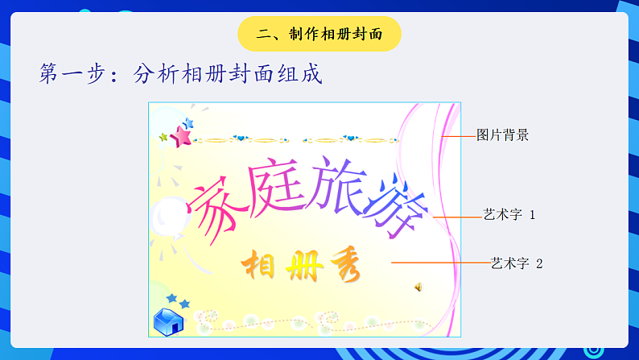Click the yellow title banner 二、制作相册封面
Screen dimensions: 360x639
pos(319,34)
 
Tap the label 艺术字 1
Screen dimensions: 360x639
pos(509,215)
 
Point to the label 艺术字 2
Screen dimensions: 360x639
pos(517,263)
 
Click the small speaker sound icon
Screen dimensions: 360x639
pos(418,286)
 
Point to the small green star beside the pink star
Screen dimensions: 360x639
pos(163,138)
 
